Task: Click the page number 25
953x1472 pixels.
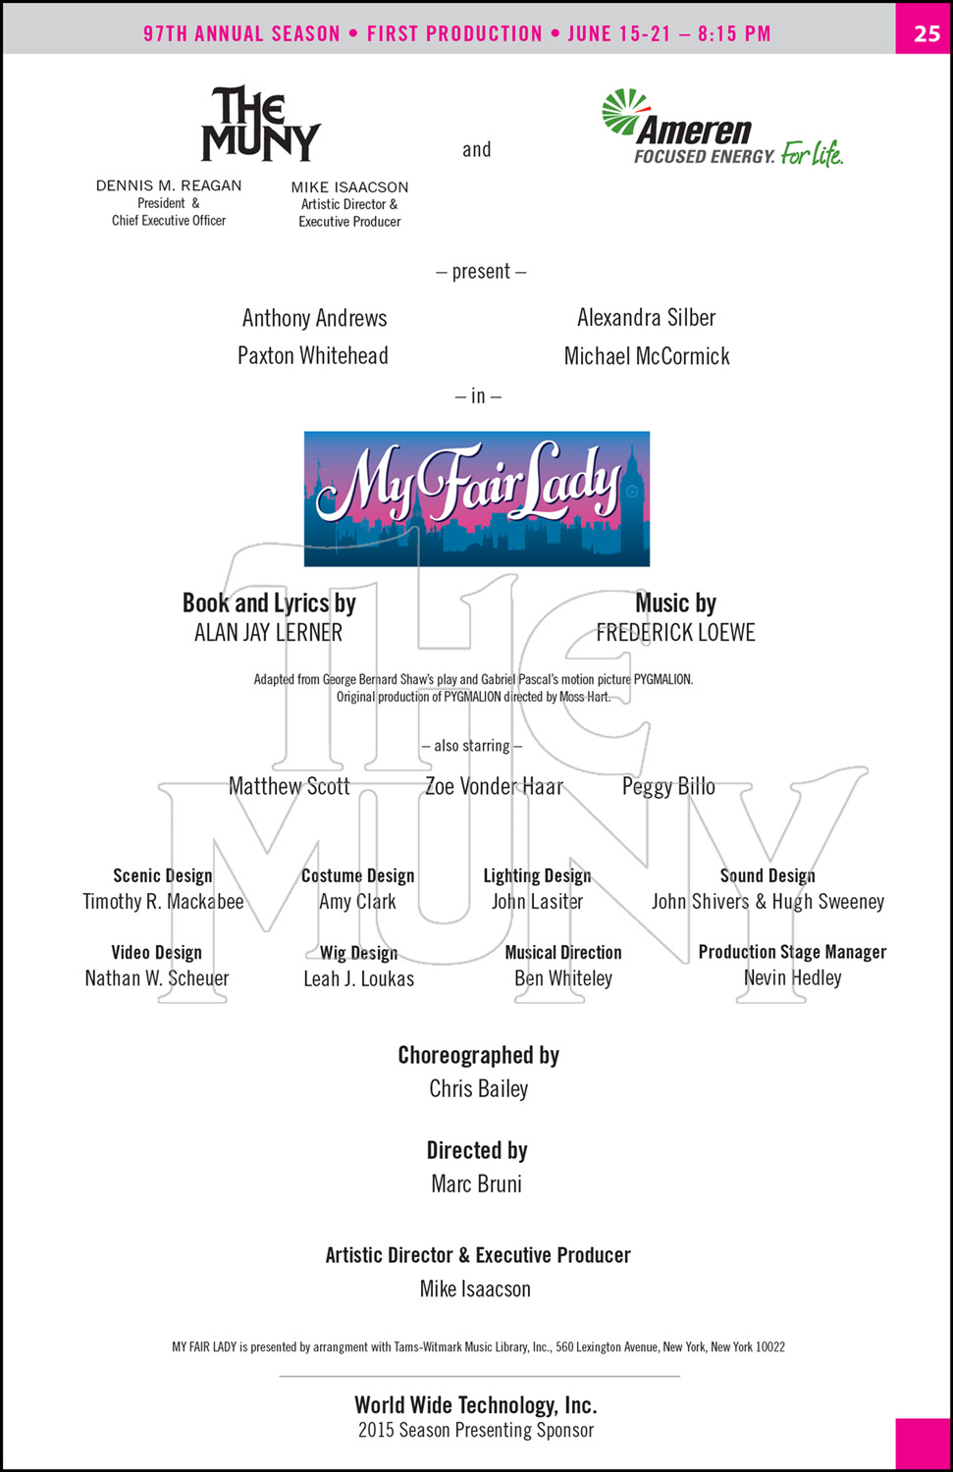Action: click(927, 33)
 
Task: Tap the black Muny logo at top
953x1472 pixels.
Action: click(261, 124)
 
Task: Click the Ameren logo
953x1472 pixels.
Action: click(721, 128)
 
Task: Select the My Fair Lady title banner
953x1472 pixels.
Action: click(477, 499)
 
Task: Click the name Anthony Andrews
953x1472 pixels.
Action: click(314, 318)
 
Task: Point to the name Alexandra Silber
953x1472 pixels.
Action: click(646, 317)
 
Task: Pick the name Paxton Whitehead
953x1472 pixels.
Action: click(313, 355)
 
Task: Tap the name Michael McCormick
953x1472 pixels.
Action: click(647, 356)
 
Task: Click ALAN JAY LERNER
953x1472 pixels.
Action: click(268, 632)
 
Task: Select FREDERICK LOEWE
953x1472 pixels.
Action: click(675, 632)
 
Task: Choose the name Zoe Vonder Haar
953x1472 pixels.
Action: click(495, 786)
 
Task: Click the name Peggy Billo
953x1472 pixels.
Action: click(668, 787)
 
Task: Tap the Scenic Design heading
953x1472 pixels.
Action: click(162, 875)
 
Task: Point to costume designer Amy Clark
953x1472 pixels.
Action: click(357, 901)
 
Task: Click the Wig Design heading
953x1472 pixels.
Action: click(359, 953)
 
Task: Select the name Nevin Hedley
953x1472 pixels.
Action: click(792, 977)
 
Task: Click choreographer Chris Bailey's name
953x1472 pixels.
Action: click(479, 1088)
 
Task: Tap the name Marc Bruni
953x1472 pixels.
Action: click(477, 1183)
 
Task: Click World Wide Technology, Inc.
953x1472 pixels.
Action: click(476, 1405)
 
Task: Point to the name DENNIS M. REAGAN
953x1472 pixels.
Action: click(169, 185)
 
